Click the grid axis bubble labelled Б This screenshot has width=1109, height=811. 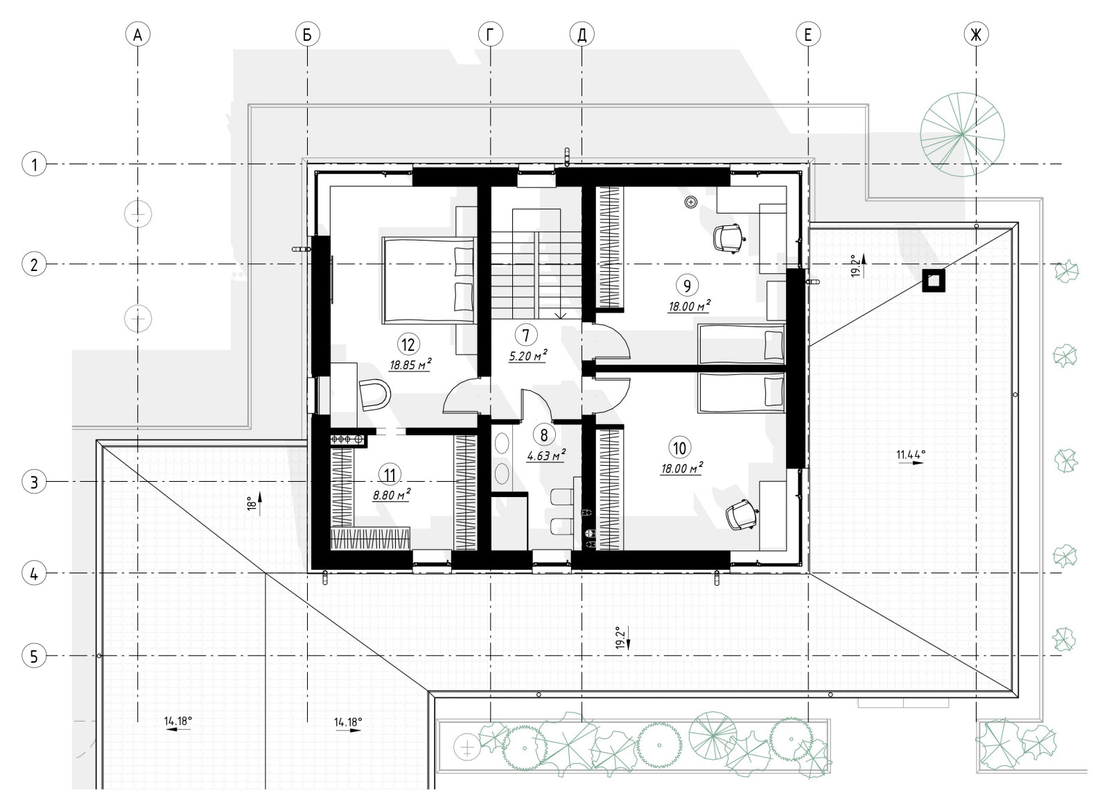[x=308, y=35]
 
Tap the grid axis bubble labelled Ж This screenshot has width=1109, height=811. [x=977, y=35]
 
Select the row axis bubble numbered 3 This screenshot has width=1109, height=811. [x=34, y=482]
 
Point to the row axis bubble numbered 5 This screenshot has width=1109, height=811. [x=34, y=656]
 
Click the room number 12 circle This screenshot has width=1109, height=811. [x=408, y=344]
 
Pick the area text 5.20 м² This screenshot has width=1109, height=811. [x=527, y=356]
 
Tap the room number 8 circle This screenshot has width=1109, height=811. [x=544, y=435]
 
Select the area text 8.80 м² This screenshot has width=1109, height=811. [x=392, y=494]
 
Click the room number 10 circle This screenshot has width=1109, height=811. [x=680, y=448]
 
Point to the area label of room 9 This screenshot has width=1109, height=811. [x=689, y=306]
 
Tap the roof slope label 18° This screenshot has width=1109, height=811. [x=251, y=503]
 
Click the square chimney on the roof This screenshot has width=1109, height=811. [x=933, y=281]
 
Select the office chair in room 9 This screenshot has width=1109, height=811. [x=729, y=238]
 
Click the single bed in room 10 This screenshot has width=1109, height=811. [x=742, y=393]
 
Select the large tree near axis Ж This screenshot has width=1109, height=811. [x=962, y=134]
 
